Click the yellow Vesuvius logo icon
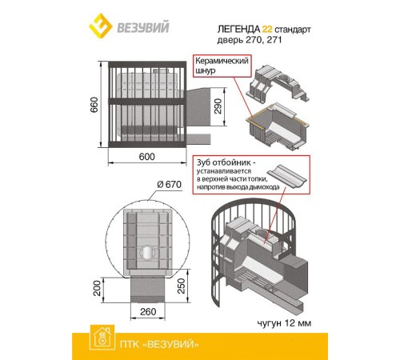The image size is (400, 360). (x=100, y=26)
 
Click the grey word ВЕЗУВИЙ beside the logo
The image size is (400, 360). (x=143, y=27)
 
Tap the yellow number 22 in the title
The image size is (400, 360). (x=267, y=29)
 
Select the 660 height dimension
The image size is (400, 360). (x=94, y=105)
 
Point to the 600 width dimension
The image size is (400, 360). (x=146, y=157)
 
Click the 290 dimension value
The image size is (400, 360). (x=218, y=106)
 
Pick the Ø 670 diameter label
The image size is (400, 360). (x=169, y=184)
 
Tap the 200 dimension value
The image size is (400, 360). (x=97, y=288)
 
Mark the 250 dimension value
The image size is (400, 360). (x=181, y=286)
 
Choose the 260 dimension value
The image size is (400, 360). (x=148, y=311)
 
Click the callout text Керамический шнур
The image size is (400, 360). (x=222, y=66)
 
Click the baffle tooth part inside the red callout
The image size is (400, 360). (x=286, y=176)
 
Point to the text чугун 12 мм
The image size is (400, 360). (x=284, y=323)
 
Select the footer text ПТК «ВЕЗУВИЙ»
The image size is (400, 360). (x=159, y=344)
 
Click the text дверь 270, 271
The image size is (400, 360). (x=250, y=40)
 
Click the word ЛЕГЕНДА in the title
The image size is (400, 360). (x=238, y=29)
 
